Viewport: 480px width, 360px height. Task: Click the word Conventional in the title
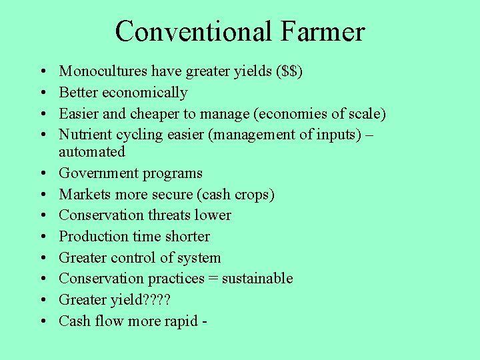click(x=193, y=32)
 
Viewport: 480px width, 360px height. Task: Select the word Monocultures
click(x=103, y=71)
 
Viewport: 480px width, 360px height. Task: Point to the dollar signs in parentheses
click(x=289, y=71)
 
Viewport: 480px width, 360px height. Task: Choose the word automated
click(x=92, y=152)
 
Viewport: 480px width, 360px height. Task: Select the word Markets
click(x=83, y=195)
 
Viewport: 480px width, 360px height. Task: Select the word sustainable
click(x=257, y=279)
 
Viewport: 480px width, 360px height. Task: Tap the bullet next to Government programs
click(x=42, y=174)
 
